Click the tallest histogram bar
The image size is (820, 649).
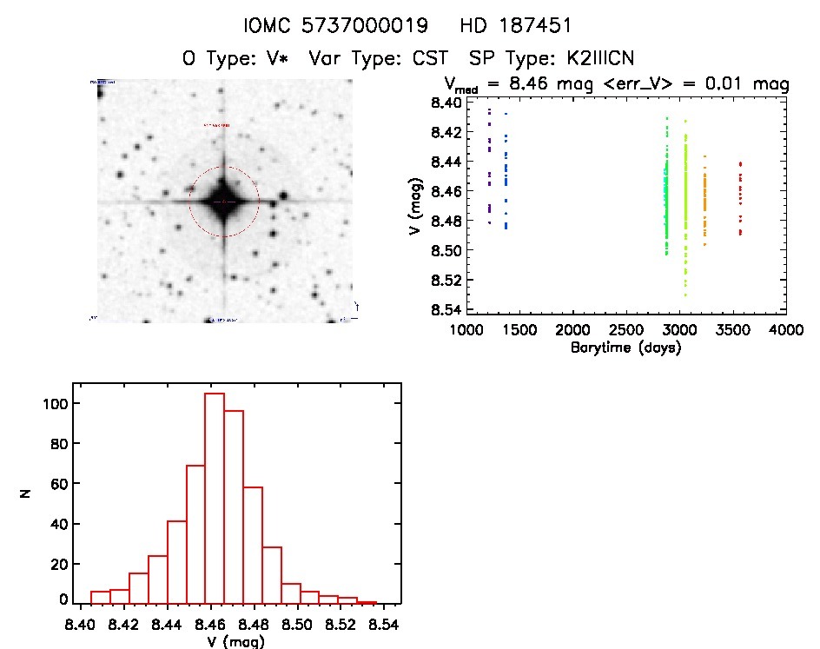pyautogui.click(x=215, y=498)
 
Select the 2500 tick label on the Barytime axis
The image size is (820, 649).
pyautogui.click(x=625, y=331)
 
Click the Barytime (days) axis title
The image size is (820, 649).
pyautogui.click(x=625, y=348)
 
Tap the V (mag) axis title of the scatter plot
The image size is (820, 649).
pyautogui.click(x=410, y=207)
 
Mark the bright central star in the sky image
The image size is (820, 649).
pyautogui.click(x=224, y=202)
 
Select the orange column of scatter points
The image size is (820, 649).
pyautogui.click(x=704, y=202)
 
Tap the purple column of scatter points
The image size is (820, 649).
pyautogui.click(x=490, y=165)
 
